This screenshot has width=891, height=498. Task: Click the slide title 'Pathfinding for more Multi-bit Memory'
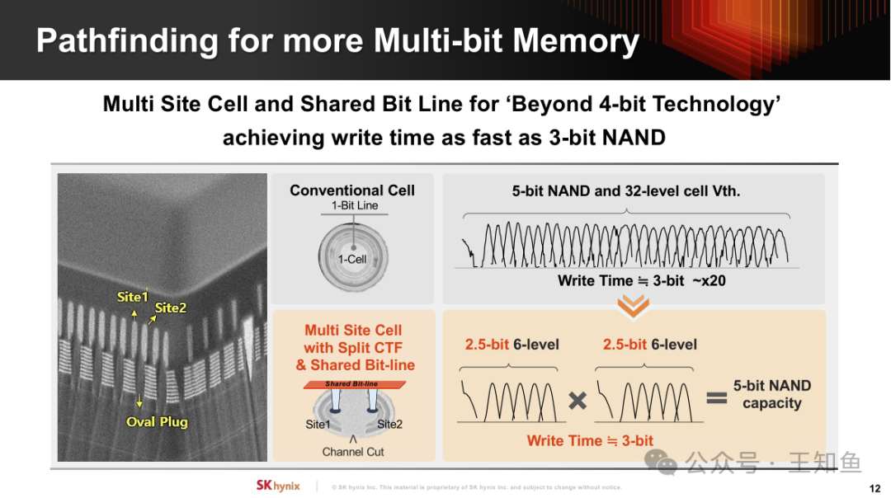coord(337,41)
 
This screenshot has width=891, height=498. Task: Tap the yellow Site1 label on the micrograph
coord(132,297)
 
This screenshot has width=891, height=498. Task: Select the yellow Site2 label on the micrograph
coord(171,308)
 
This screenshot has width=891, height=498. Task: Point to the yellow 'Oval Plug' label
coord(157,422)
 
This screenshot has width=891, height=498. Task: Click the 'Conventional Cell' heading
coord(352,190)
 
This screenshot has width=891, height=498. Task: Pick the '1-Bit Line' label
coord(355,205)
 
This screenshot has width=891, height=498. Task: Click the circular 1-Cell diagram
coord(353,257)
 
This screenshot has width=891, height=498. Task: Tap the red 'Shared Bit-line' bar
coord(355,384)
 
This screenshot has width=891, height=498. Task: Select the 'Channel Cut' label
coord(353,452)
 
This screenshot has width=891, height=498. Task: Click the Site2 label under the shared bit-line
coord(389,424)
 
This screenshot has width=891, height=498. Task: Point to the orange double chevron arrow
coord(633,306)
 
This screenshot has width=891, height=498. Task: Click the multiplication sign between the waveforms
coord(577,401)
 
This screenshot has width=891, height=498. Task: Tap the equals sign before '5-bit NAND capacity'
coord(717,397)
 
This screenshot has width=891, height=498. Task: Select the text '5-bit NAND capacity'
coord(771,394)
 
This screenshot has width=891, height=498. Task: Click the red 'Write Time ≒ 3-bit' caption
coord(590,440)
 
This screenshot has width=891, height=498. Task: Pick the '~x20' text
coord(709,280)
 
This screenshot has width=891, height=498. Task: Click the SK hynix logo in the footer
coord(278,486)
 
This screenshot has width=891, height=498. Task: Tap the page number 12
coord(875,488)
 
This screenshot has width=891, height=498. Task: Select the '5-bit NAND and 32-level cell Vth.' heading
coord(626,190)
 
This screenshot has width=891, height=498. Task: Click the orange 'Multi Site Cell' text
coord(353,330)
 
